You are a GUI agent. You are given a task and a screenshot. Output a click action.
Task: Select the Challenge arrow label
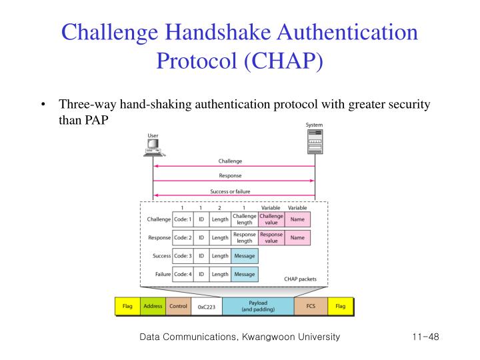click(230, 161)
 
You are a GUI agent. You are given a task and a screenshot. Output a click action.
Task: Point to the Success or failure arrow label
click(230, 192)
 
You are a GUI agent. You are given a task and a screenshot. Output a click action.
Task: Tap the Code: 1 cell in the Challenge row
click(183, 219)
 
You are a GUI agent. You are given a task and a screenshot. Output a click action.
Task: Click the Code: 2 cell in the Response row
click(183, 237)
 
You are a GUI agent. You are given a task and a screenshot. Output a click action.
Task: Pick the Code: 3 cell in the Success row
click(183, 255)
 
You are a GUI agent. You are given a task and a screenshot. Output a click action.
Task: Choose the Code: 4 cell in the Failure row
click(183, 274)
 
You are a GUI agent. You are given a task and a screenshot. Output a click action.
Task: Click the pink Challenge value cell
click(271, 219)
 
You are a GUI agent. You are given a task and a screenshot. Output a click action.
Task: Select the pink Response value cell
click(271, 237)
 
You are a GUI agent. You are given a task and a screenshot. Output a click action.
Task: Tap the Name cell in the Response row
click(297, 237)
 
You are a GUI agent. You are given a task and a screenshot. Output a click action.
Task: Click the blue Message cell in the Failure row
click(245, 274)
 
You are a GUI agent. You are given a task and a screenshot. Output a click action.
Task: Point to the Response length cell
click(245, 237)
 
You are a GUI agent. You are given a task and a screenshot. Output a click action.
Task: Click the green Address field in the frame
click(153, 306)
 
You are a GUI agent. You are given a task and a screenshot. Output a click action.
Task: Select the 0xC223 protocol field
click(207, 307)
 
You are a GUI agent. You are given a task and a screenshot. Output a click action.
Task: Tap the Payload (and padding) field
click(258, 306)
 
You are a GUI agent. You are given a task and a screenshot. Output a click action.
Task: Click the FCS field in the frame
click(311, 306)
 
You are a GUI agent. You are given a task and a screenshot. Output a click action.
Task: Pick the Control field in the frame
click(179, 306)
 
